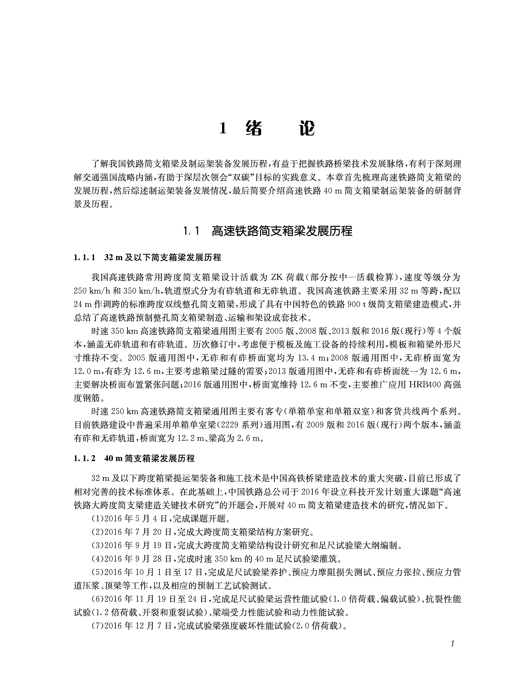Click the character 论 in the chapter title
307,129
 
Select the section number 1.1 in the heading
191,231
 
